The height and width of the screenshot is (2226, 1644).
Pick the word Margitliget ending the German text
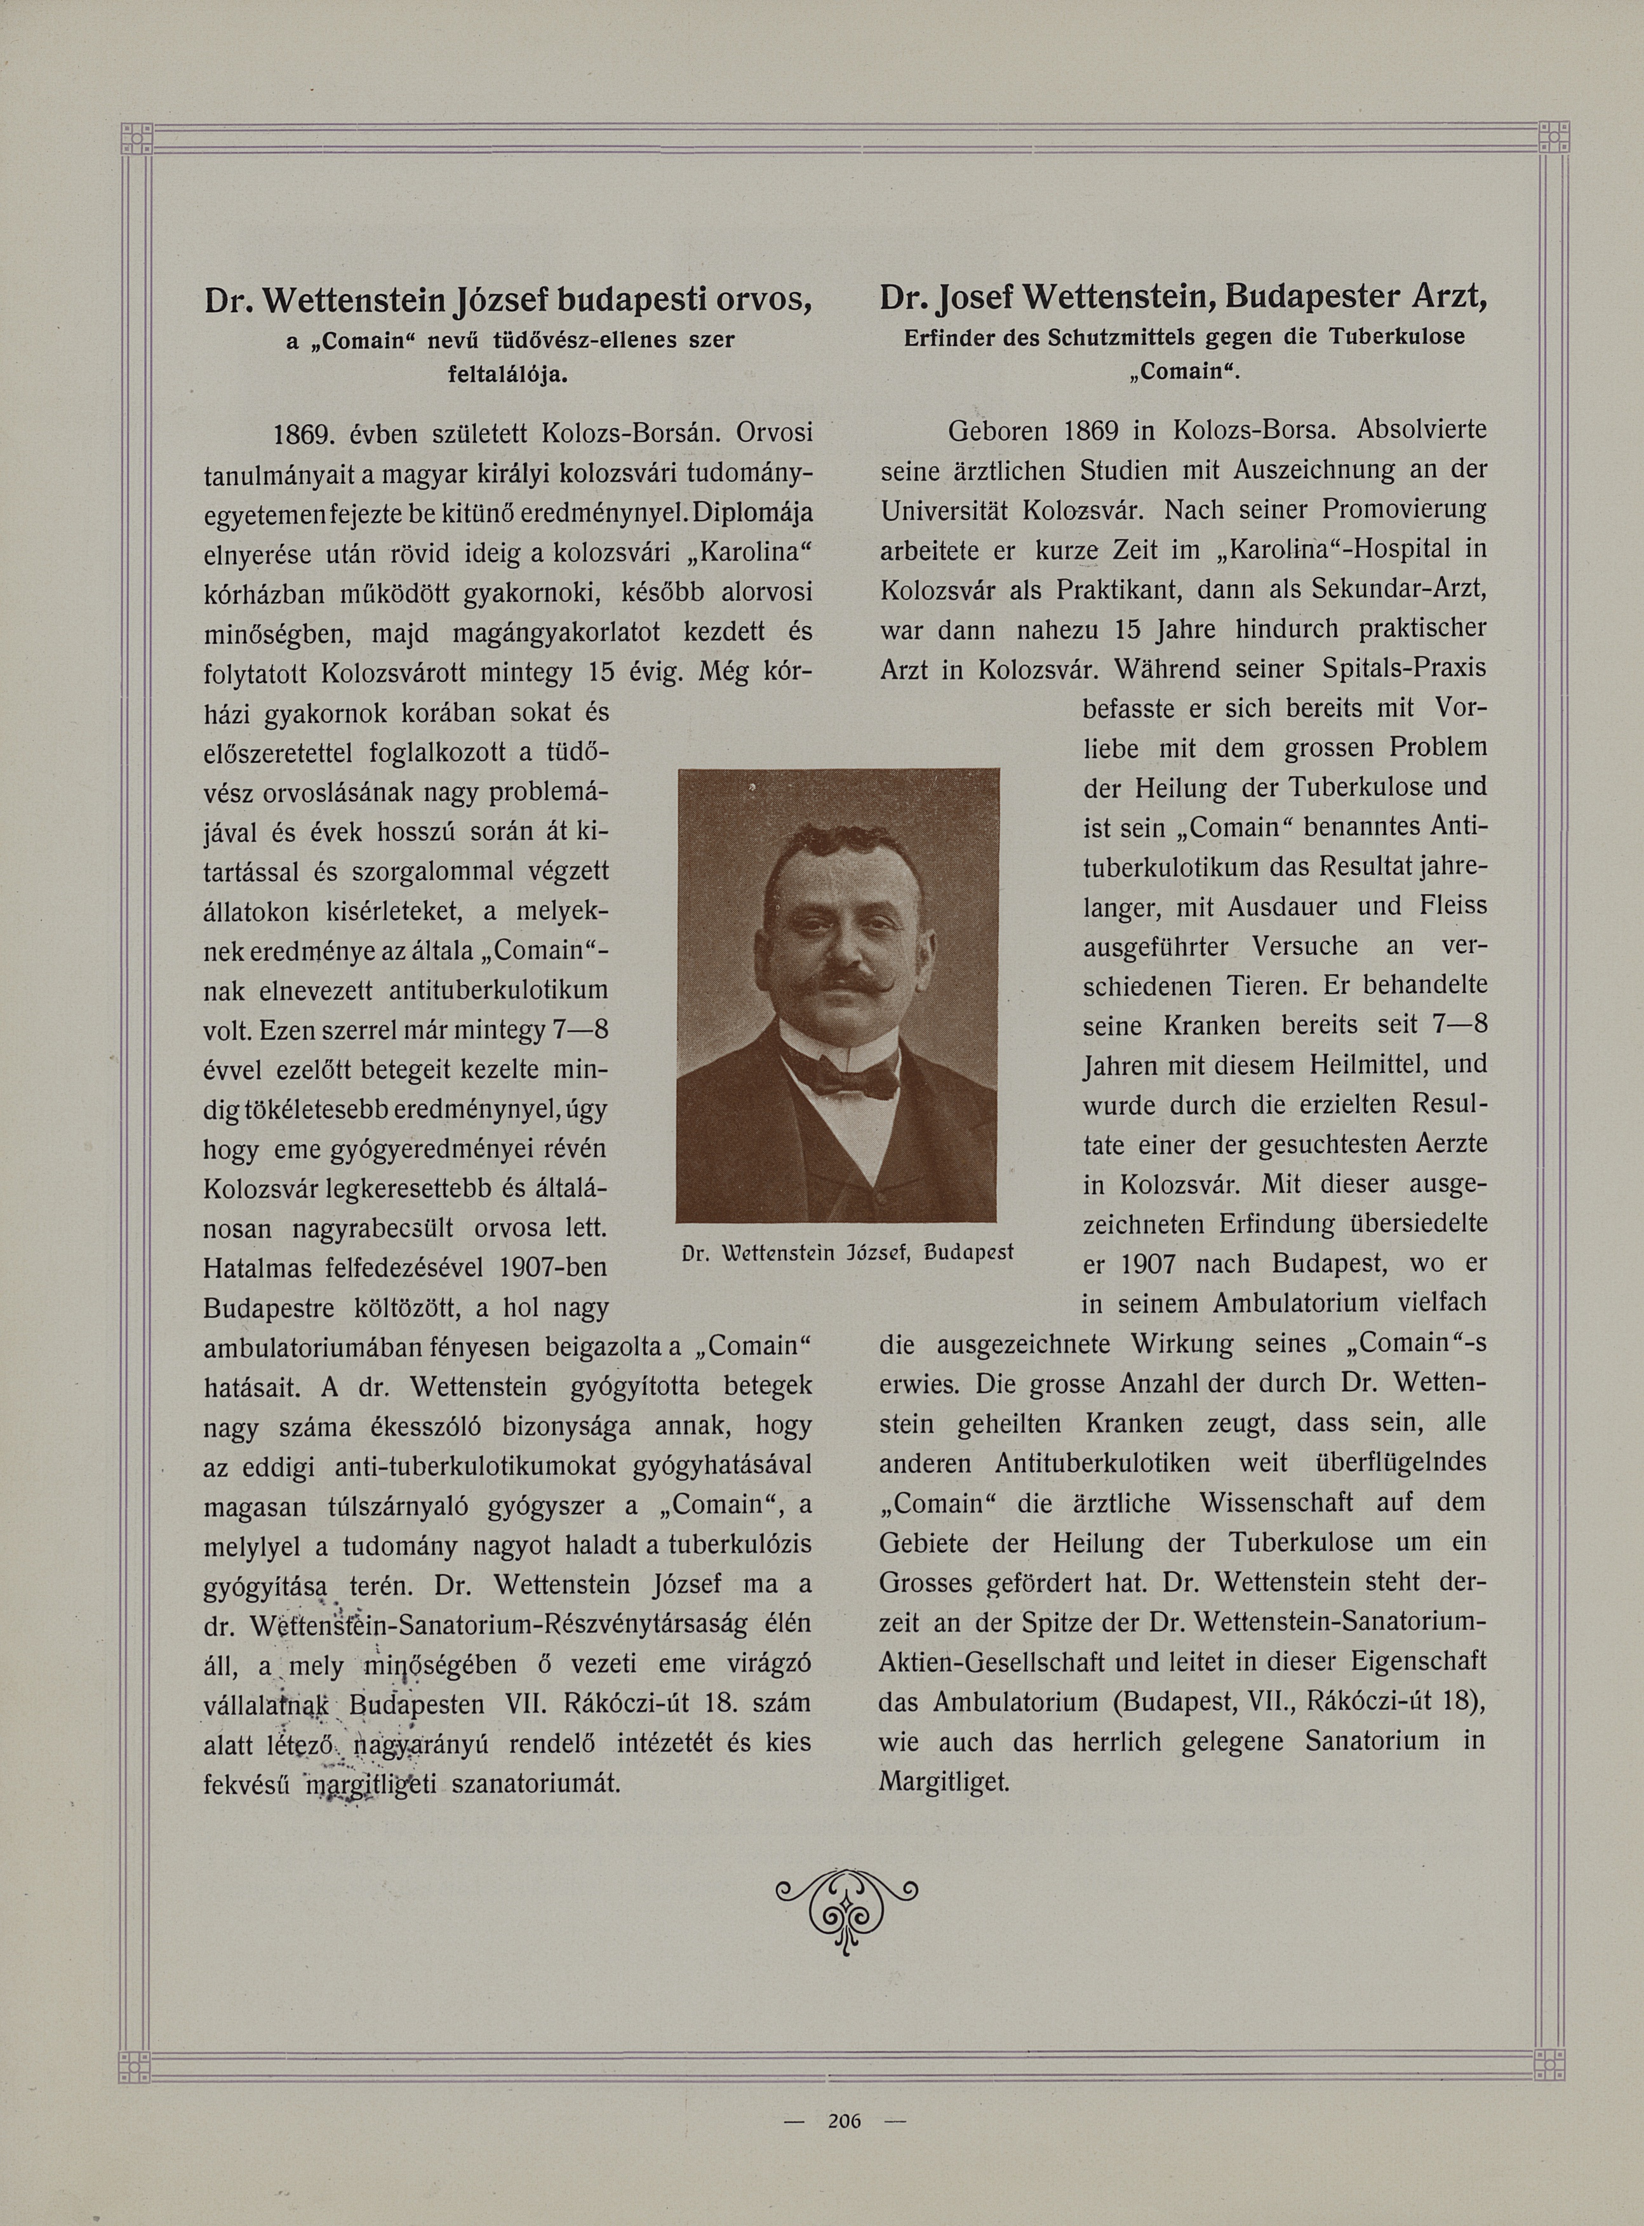pos(944,1781)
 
